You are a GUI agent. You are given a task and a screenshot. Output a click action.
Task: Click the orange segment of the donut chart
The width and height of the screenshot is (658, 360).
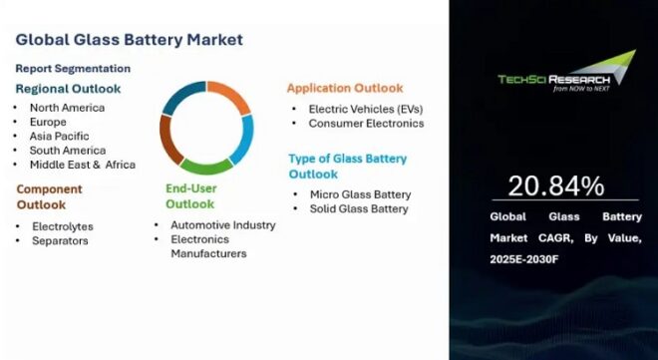pos(233,97)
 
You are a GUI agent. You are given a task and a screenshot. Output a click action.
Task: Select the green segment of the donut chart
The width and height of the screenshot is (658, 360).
pos(207,165)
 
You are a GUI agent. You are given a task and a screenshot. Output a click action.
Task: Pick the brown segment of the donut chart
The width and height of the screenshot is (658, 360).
pos(169,141)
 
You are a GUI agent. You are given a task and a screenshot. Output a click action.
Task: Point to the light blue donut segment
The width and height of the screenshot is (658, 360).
pos(244,141)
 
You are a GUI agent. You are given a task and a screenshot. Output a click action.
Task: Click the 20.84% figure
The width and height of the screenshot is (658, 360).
pos(556,185)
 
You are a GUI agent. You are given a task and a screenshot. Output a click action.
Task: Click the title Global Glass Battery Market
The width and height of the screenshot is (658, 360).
pos(129,40)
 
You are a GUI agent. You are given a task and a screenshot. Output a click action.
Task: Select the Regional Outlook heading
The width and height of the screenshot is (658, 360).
pos(68,89)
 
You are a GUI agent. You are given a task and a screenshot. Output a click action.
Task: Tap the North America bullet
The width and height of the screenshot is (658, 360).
pos(67,108)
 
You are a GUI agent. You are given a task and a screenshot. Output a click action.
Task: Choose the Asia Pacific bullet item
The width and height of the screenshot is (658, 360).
pos(59,136)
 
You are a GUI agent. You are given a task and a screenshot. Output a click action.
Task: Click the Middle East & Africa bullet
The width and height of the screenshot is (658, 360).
pos(82,165)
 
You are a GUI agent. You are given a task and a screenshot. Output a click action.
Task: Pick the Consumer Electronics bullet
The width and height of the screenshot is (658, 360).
pos(366,124)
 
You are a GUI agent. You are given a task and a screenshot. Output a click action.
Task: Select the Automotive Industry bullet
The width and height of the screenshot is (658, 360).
pos(222,225)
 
